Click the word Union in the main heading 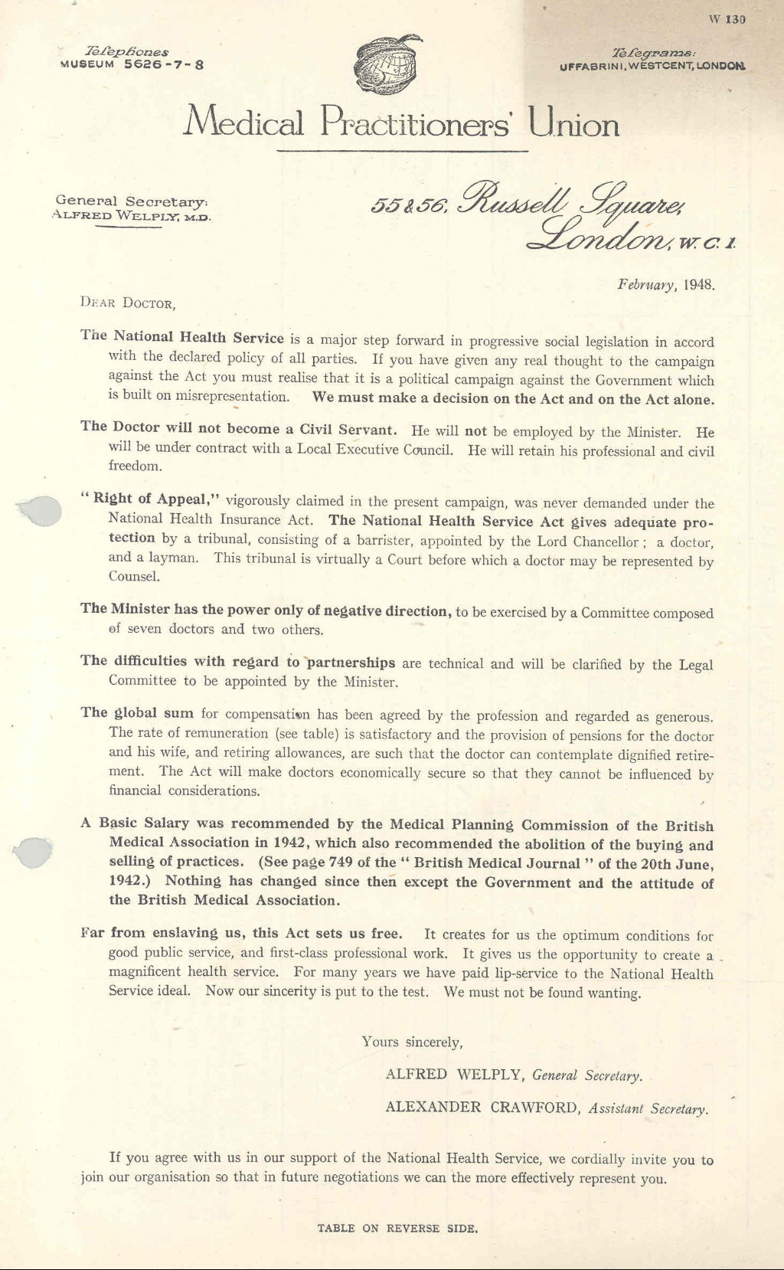[573, 123]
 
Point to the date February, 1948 [666, 284]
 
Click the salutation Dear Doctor [128, 303]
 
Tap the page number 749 [341, 862]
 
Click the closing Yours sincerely [412, 1042]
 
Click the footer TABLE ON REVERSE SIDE [397, 1228]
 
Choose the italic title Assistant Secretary [648, 1108]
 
